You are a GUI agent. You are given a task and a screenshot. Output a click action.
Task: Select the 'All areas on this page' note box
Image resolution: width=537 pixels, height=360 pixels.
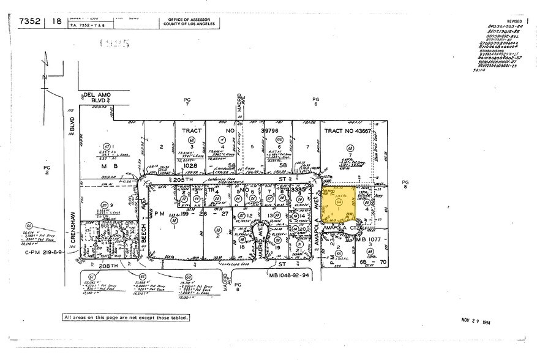tap(126, 317)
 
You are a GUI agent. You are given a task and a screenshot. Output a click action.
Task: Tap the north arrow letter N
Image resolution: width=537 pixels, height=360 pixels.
tap(43, 78)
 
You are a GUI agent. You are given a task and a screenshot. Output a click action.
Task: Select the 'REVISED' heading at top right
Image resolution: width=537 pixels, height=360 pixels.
tap(514, 20)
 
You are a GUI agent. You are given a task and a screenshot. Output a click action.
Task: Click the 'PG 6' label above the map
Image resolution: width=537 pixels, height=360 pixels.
tap(316, 102)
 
